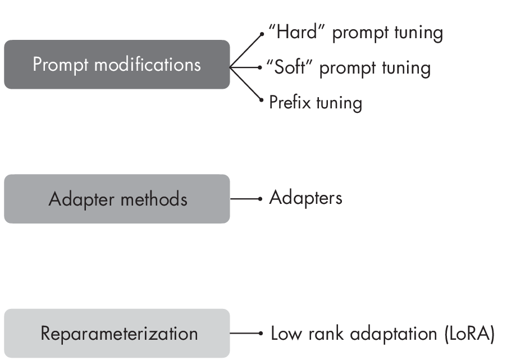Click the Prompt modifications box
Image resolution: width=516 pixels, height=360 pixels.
tap(117, 65)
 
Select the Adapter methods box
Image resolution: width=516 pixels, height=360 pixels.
tap(117, 199)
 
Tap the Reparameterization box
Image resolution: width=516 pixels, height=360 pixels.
tap(117, 334)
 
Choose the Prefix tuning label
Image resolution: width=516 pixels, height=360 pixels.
tap(315, 103)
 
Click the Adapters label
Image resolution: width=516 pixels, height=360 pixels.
tap(305, 198)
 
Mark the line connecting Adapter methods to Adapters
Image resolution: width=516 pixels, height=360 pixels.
tap(245, 199)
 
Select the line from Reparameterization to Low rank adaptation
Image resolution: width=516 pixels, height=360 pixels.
tap(245, 334)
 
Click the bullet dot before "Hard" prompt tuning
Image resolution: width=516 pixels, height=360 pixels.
tap(262, 34)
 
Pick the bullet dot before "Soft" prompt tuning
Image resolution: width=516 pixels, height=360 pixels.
tap(260, 67)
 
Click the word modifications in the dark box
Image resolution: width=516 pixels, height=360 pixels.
tap(147, 65)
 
